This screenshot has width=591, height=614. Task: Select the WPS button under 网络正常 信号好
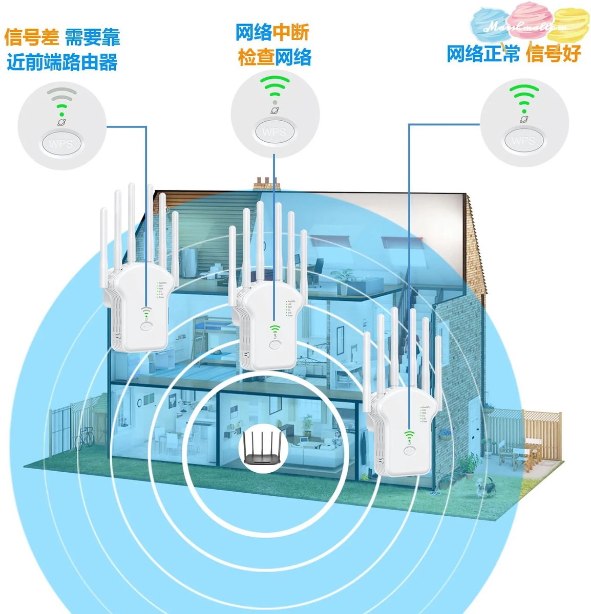tap(523, 140)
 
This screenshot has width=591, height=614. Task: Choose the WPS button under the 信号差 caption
tap(61, 143)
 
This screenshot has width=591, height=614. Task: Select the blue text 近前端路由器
tap(62, 62)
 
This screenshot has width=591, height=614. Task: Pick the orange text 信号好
tap(554, 53)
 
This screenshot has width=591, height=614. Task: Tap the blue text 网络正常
tap(483, 53)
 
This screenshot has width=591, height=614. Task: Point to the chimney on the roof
tap(267, 182)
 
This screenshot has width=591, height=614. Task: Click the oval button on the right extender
tap(408, 451)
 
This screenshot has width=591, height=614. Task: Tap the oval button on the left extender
tap(147, 326)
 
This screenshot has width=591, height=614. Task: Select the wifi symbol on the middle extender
tap(275, 330)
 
